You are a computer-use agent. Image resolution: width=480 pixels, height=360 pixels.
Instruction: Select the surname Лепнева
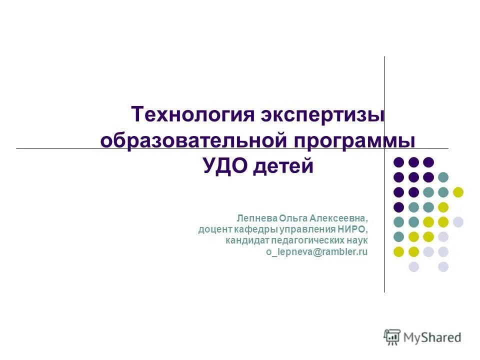coord(256,218)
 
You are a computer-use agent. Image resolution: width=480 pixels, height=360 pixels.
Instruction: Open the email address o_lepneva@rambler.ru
coord(316,252)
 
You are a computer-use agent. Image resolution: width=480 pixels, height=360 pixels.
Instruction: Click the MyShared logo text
coord(432,337)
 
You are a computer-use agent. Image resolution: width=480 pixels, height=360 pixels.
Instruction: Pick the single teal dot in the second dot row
coord(443,177)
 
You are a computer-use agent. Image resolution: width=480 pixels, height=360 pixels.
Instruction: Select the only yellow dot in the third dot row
coord(457,192)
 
